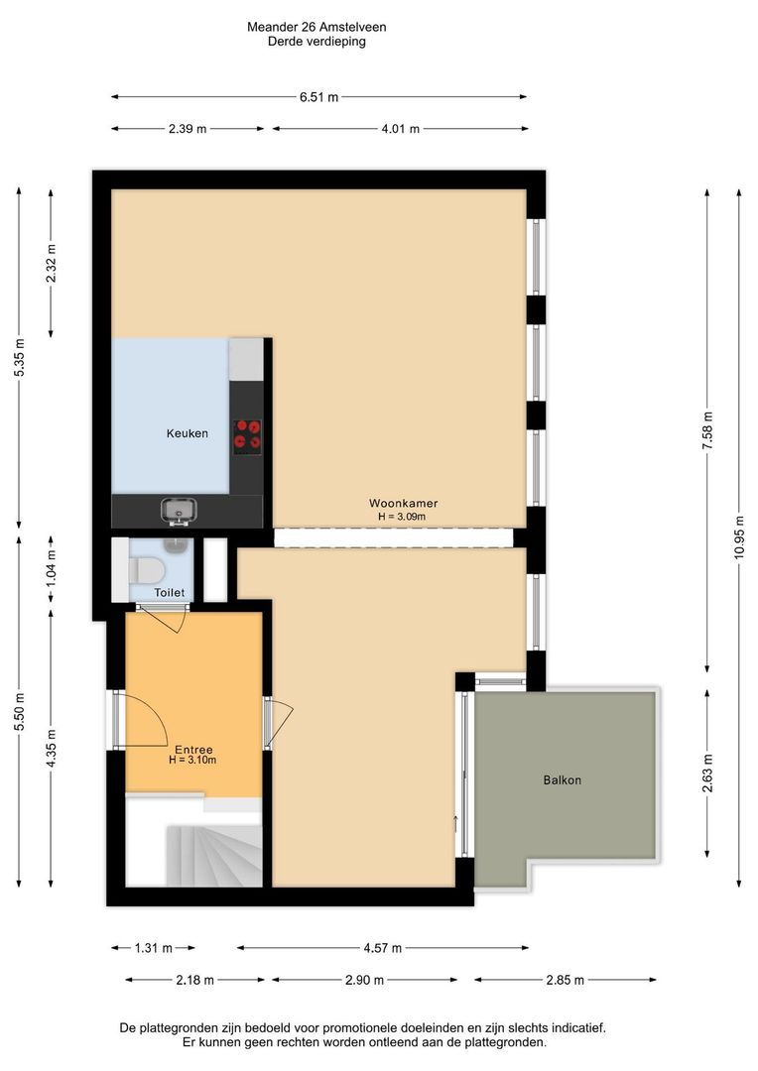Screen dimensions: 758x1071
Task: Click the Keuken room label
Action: click(188, 433)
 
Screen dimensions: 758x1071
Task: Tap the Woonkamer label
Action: click(403, 504)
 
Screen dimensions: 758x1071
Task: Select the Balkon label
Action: click(563, 780)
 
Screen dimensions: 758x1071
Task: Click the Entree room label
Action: click(193, 750)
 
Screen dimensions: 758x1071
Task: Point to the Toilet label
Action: click(170, 592)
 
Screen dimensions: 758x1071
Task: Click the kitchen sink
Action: click(179, 511)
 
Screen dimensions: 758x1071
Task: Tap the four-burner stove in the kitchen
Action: click(247, 436)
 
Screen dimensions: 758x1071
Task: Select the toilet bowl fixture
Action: click(146, 569)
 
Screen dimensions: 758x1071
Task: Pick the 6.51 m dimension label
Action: click(319, 97)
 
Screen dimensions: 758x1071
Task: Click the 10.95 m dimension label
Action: click(739, 536)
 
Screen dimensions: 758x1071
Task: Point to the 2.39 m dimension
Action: click(188, 128)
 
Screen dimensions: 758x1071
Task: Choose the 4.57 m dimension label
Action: click(383, 948)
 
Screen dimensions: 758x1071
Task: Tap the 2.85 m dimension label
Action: click(566, 980)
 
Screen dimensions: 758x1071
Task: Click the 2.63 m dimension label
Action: click(707, 773)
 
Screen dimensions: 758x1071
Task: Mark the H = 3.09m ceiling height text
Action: click(402, 517)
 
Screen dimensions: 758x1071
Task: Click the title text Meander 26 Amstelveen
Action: click(316, 28)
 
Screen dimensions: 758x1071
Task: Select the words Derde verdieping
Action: click(316, 42)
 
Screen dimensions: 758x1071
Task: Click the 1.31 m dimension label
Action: click(153, 948)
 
